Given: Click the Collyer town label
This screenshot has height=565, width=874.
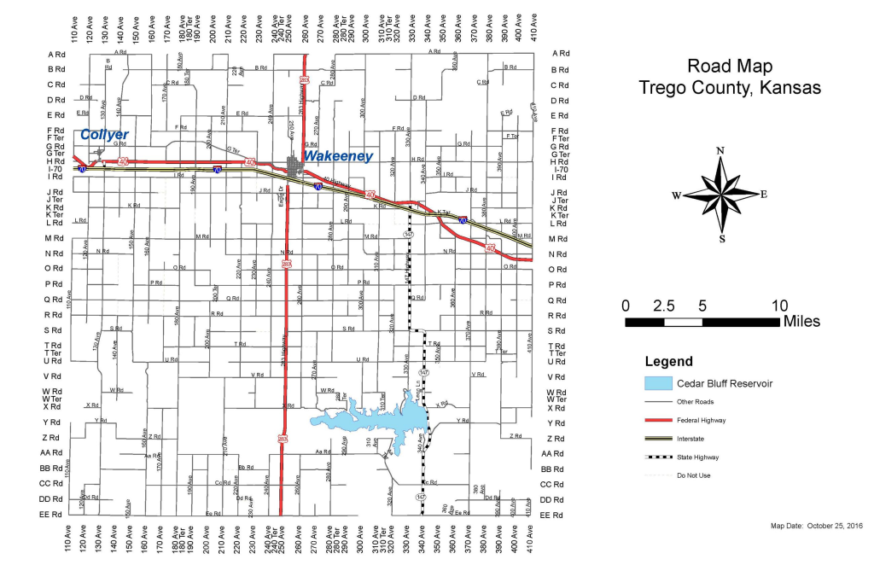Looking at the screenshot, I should pos(104,135).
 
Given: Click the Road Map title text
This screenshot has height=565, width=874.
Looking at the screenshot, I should pos(730,67).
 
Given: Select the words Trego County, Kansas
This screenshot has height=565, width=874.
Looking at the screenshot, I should pos(730,88).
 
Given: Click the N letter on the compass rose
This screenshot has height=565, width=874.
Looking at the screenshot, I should pos(721,151).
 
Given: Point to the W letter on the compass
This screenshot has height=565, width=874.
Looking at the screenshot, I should pos(676,195).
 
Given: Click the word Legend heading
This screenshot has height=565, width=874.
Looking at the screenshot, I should pos(668,362).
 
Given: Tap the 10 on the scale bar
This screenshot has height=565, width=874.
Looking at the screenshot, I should pos(779,306).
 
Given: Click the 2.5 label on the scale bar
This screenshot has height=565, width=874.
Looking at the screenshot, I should pos(664,306).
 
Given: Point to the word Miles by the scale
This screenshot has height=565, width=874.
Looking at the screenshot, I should pos(801,322).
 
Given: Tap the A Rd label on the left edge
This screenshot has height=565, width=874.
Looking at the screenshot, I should pos(56,54).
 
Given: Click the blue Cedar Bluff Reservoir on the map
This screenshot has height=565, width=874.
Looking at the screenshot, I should pos(376,420).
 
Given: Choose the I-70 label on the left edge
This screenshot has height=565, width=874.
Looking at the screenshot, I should pos(56,170).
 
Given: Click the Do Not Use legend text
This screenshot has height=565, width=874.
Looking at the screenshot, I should pos(693,475).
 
